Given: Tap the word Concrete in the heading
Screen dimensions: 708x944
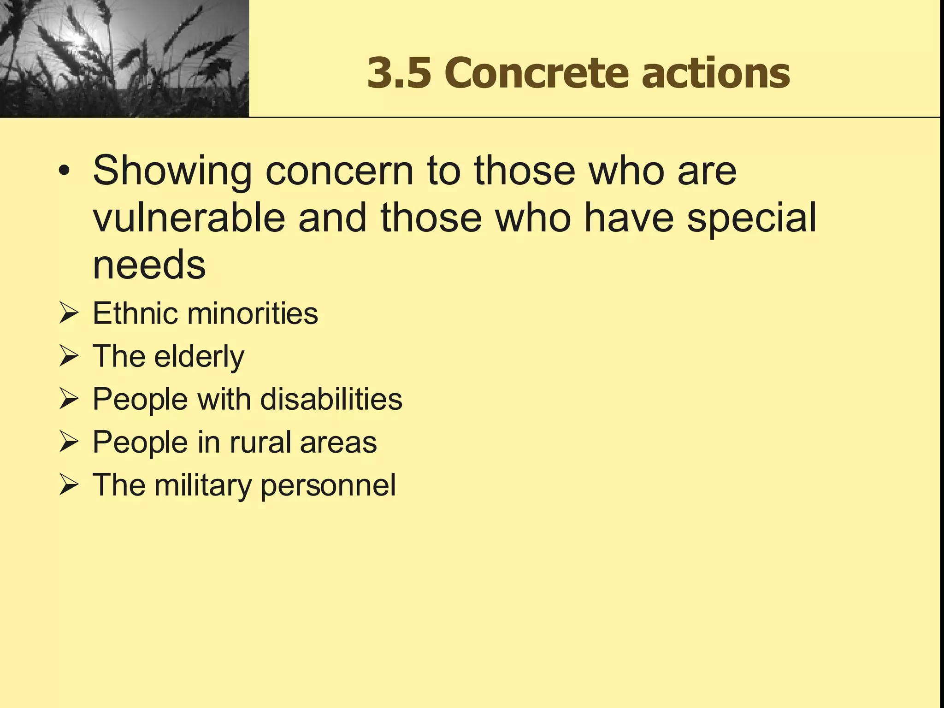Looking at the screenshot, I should tap(537, 73).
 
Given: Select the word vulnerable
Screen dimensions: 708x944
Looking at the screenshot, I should tap(189, 218).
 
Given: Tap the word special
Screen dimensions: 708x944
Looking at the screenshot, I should tap(751, 218).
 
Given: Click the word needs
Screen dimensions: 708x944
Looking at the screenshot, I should tap(149, 265).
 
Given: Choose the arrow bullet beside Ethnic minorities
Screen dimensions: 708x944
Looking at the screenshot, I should tap(68, 314).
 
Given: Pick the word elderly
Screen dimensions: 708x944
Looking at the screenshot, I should tap(199, 357).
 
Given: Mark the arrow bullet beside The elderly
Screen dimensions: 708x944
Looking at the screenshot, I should tap(68, 357).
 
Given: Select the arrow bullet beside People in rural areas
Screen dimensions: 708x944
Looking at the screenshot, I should tap(68, 442).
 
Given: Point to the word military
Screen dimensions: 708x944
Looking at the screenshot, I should tap(203, 485).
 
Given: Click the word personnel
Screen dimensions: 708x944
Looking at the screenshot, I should tap(328, 485).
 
